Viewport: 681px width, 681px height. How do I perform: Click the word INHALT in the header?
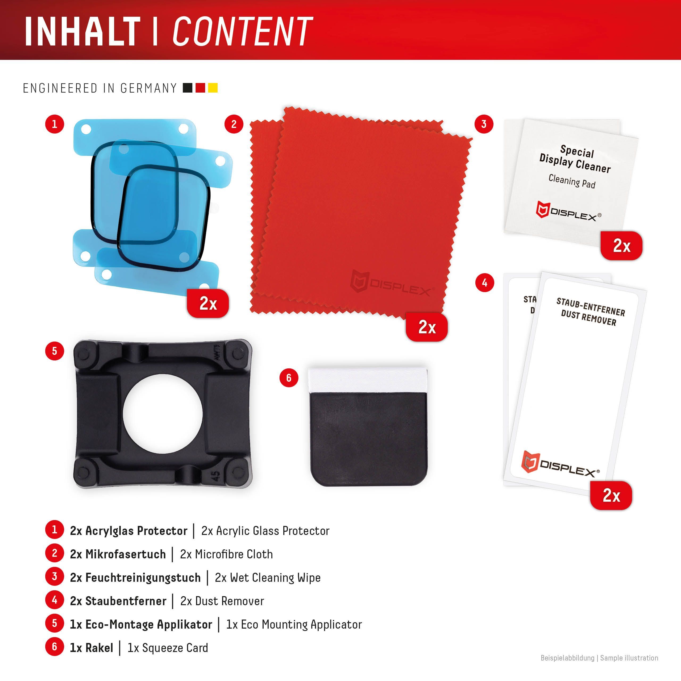(x=83, y=31)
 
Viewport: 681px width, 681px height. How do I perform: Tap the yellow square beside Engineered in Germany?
(x=213, y=88)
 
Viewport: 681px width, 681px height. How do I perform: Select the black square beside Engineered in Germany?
(x=188, y=88)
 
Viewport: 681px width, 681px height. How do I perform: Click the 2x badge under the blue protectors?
(x=208, y=303)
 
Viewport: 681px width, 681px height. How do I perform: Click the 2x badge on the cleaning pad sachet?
(x=621, y=246)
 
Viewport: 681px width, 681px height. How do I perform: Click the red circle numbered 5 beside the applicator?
(x=55, y=351)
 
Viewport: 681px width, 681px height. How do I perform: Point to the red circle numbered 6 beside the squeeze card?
(x=289, y=378)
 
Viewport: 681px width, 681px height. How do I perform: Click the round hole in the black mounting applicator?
(x=163, y=414)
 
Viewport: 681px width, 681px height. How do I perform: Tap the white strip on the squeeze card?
(x=367, y=381)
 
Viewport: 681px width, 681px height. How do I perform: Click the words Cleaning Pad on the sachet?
(x=572, y=181)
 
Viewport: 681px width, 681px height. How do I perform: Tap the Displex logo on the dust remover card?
(x=560, y=464)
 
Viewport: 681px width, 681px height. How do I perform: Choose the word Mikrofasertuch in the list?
(x=126, y=554)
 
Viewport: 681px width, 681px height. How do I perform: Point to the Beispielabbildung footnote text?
(x=567, y=658)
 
